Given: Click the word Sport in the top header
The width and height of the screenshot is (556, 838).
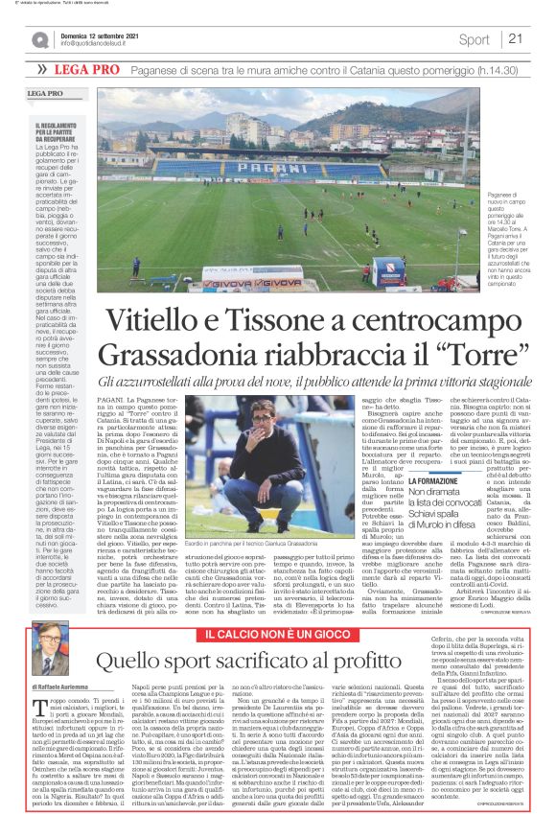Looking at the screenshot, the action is point(474,39).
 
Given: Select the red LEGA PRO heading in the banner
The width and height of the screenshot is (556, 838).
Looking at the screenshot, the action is point(82,70).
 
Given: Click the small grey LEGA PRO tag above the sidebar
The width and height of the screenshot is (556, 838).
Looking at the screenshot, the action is point(45,92).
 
